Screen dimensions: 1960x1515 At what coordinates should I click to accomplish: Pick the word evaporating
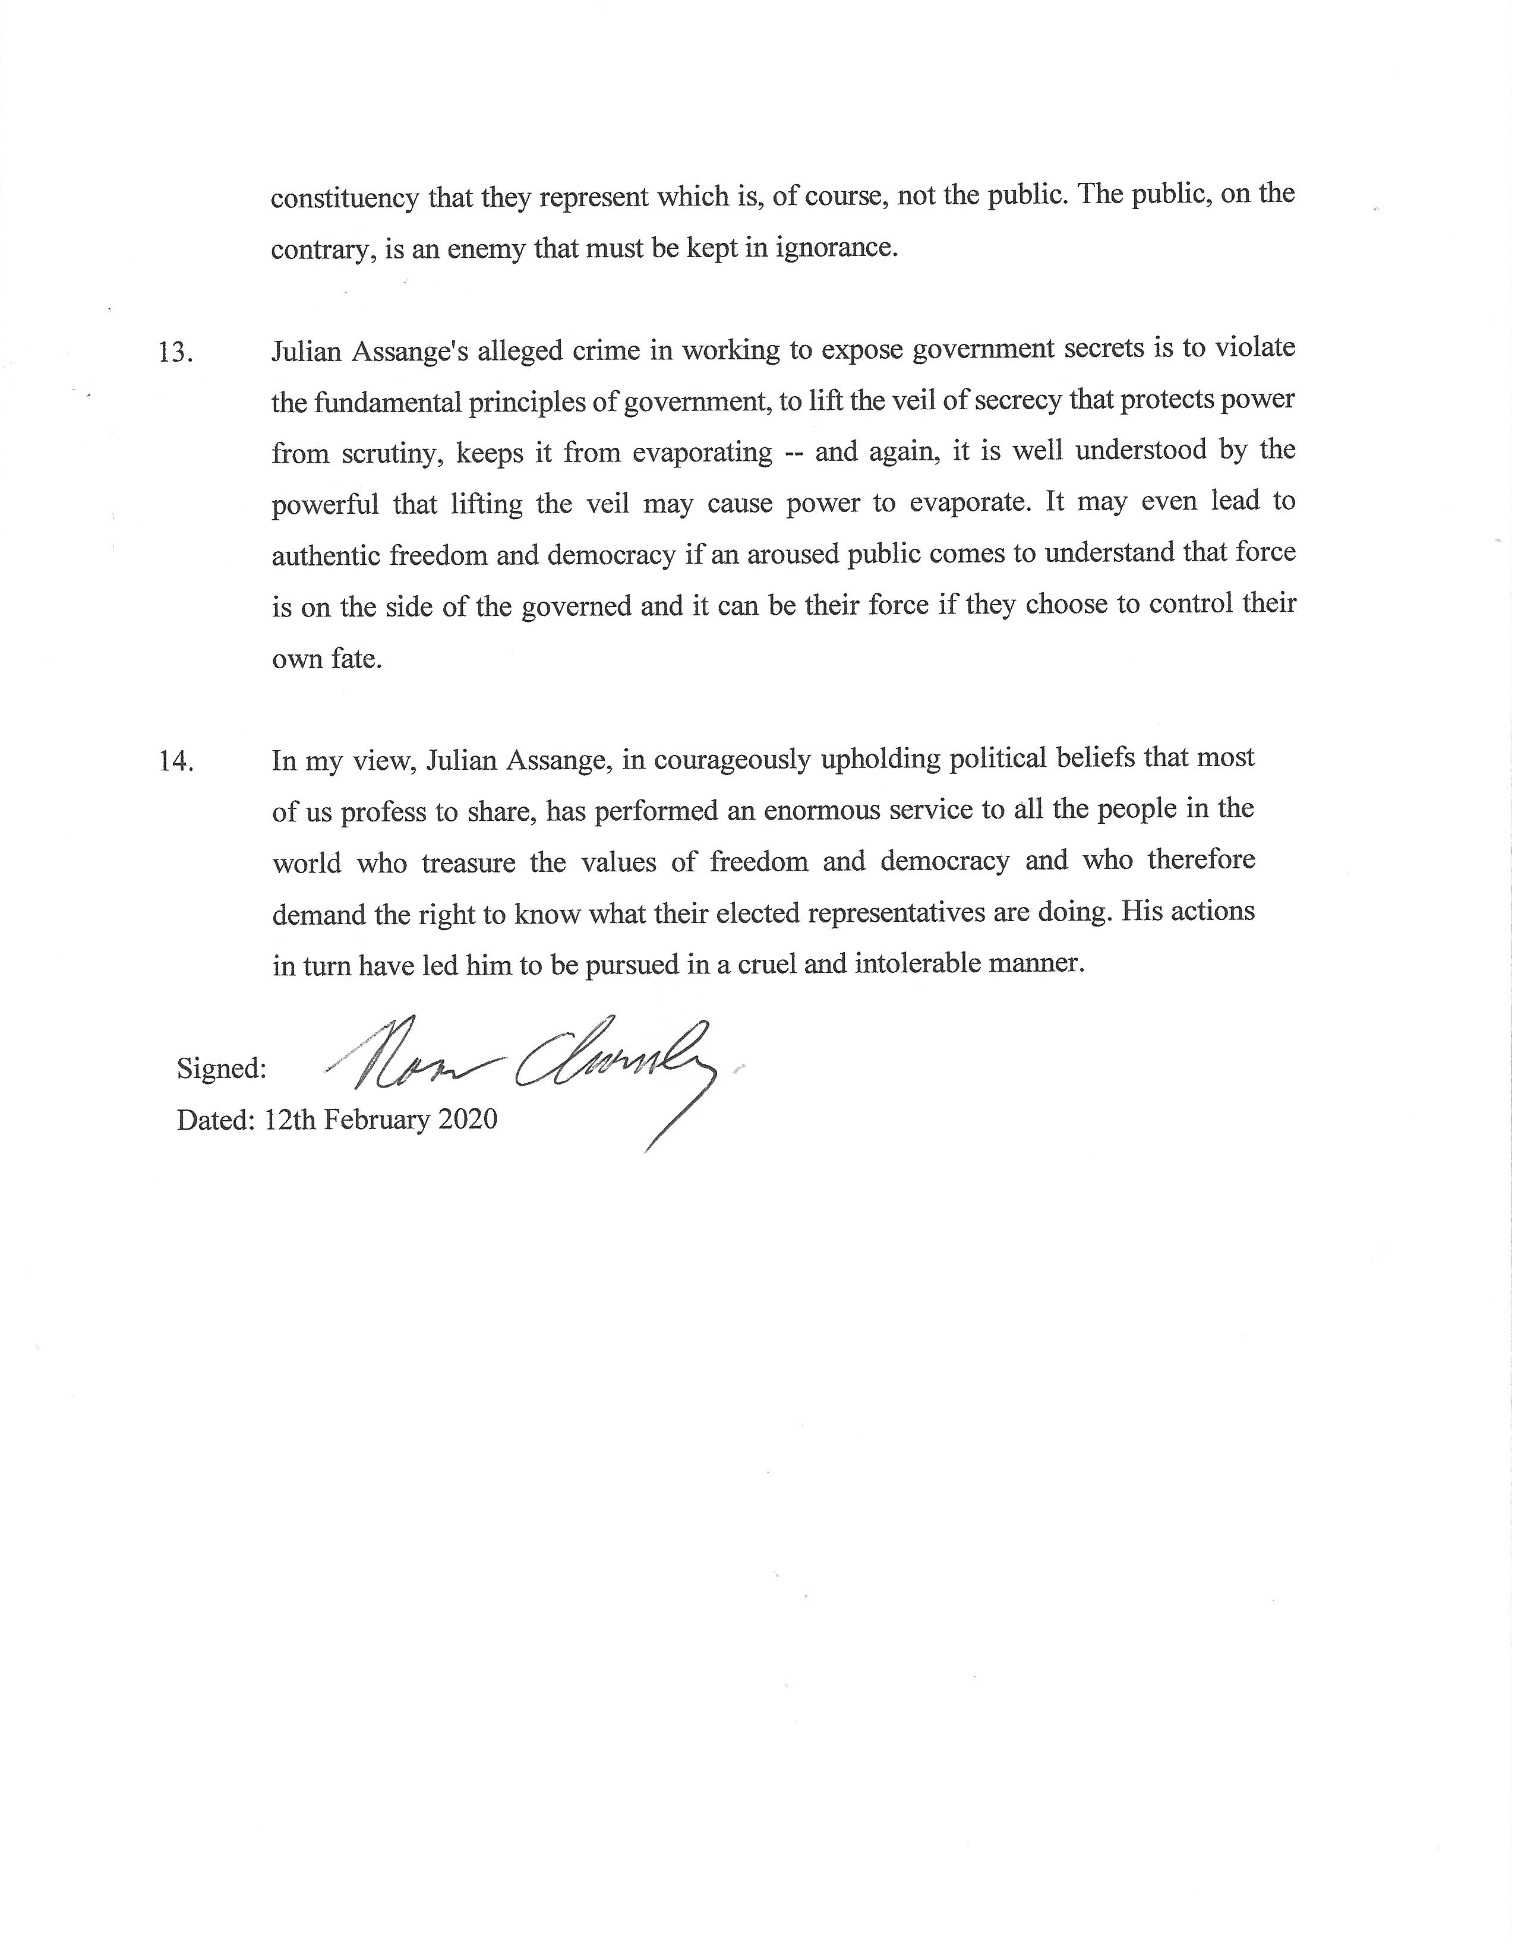tap(702, 453)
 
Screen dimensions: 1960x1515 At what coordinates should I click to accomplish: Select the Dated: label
tap(216, 1120)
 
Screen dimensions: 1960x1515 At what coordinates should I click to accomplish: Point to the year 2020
tap(467, 1120)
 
